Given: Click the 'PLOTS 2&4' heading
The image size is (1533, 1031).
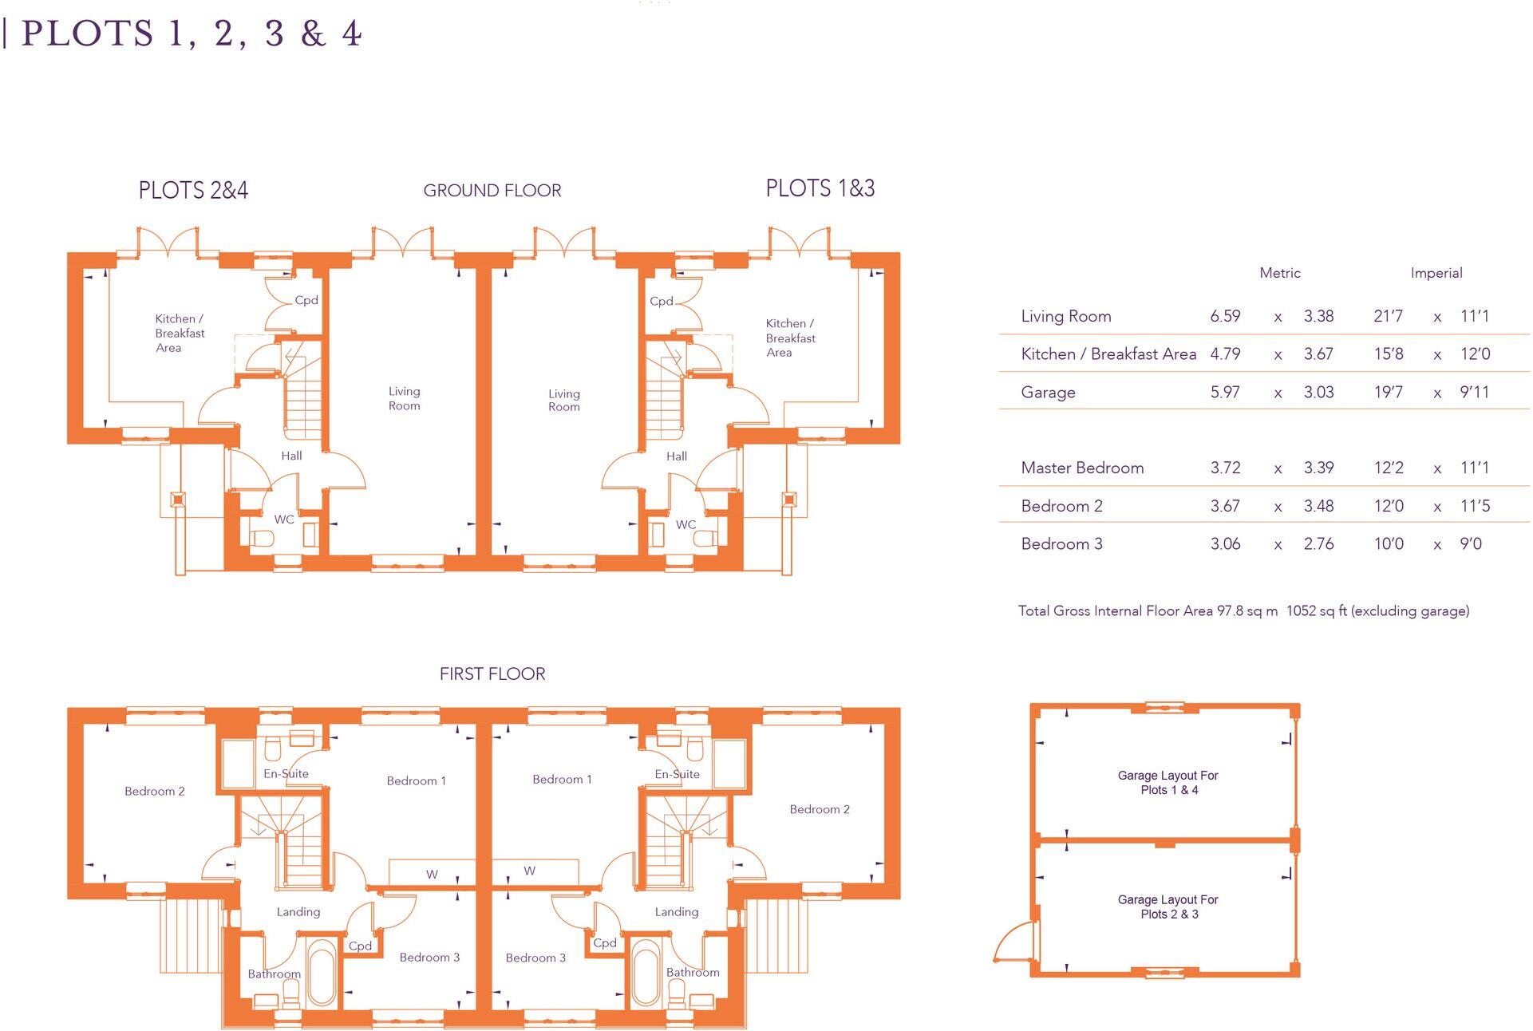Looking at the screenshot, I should point(193,191).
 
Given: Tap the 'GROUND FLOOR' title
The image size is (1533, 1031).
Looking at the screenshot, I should point(492,191).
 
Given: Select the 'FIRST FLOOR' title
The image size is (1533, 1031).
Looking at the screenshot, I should point(492,674).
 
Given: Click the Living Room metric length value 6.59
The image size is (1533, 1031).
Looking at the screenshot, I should point(1225,316).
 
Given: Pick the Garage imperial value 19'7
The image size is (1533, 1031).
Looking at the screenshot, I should point(1388,393).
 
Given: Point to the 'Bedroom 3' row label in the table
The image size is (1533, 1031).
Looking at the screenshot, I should point(1061,544).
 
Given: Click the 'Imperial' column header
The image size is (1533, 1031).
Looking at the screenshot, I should point(1436,273).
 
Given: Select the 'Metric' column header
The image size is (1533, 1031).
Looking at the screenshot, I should point(1279,273).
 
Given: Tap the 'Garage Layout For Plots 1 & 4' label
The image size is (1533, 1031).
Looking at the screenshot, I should point(1168,782).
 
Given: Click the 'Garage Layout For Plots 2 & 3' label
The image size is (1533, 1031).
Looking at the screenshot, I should point(1168,907).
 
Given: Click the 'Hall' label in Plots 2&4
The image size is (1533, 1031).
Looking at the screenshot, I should point(291,456).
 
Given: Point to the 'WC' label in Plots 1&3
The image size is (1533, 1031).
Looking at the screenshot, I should point(686,524).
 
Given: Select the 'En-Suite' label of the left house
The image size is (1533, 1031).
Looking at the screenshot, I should point(286,773).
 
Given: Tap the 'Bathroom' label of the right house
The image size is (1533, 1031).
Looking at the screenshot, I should point(693,972).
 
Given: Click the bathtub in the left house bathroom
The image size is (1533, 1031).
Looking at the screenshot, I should point(322,973).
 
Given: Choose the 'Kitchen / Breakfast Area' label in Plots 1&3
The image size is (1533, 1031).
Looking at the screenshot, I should point(790,338).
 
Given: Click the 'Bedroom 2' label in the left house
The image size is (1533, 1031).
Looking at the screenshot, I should point(154,791).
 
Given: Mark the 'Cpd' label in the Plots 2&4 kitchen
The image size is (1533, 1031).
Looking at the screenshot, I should point(306,300).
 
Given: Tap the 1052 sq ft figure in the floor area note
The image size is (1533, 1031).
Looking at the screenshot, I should point(1317,611).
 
